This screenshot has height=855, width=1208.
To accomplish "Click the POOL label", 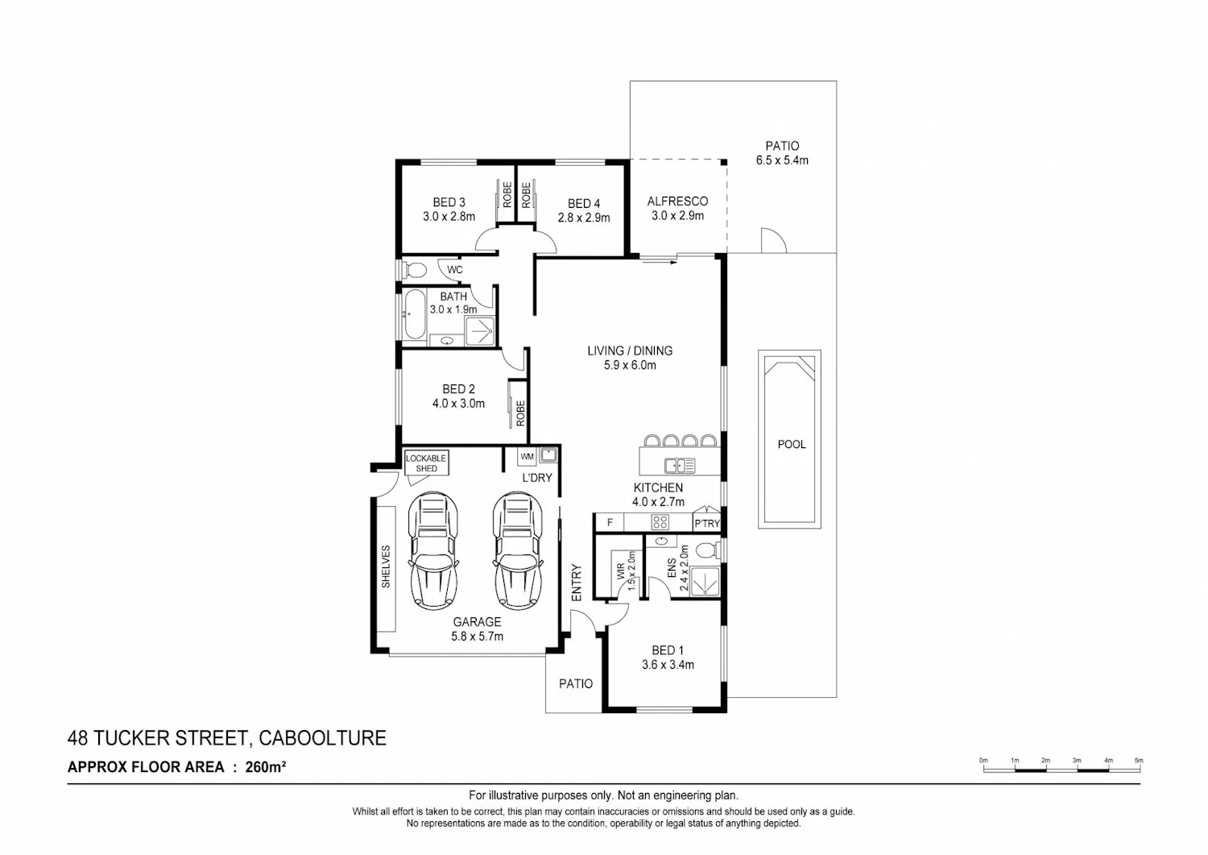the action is (x=791, y=444).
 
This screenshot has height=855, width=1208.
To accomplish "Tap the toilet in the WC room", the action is (x=415, y=269).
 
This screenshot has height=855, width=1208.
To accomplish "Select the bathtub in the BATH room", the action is (x=414, y=315).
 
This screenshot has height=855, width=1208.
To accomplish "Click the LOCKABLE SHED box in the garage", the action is (x=427, y=463).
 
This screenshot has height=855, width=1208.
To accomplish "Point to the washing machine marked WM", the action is (x=527, y=456).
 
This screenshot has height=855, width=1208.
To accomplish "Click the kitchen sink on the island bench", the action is (x=680, y=465).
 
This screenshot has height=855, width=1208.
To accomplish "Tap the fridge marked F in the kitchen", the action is (x=610, y=522).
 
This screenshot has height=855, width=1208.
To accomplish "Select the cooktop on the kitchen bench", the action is (x=660, y=522).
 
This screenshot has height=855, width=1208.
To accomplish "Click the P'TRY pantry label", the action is (x=707, y=523).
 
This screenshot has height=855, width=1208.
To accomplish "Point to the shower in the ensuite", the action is (x=704, y=581).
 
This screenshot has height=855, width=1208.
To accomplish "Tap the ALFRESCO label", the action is (x=677, y=201).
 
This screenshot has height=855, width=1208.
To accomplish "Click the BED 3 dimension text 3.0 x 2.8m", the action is (x=449, y=217).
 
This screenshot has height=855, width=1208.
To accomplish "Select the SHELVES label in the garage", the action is (x=386, y=567).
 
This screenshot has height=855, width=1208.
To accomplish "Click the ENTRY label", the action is (x=577, y=583).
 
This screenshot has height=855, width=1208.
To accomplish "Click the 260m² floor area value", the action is (x=265, y=767).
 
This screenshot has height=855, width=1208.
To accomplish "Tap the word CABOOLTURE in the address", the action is (x=322, y=738).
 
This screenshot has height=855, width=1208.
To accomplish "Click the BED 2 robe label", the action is (x=520, y=413).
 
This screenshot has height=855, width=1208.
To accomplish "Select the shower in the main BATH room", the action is (x=479, y=330).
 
